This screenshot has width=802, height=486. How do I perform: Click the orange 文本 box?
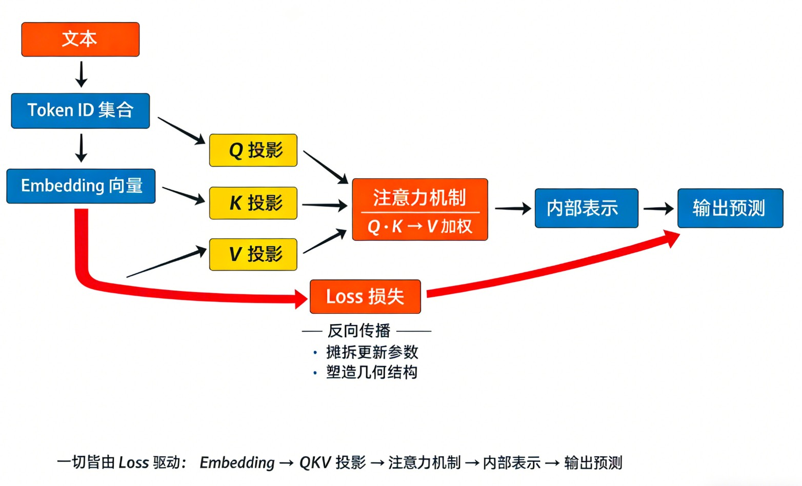coord(80,39)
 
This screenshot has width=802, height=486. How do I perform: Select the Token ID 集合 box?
coord(81,110)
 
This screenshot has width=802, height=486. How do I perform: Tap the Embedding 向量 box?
coord(81,186)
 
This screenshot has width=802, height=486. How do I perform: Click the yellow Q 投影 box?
coord(253,150)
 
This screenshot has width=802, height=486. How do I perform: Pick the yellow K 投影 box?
coord(253,203)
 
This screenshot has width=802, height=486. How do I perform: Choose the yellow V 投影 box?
coord(253,254)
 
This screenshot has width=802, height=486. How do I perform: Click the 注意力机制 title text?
coord(419,197)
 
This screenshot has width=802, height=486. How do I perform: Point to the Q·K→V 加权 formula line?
coord(419,226)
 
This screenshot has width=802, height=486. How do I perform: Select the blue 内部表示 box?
coord(586,208)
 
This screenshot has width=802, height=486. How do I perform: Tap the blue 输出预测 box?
coord(730,208)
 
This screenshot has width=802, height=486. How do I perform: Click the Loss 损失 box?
coord(365,296)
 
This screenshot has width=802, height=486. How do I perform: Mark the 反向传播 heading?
coord(359,331)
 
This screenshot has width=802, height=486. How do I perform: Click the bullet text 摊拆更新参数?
coord(372,352)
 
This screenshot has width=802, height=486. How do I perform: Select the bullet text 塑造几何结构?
coord(372,372)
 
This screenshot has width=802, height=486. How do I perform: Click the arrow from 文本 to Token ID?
coord(81,74)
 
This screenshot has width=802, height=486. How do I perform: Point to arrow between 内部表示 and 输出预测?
coord(658,209)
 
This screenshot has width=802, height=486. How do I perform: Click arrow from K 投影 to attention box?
coord(324,206)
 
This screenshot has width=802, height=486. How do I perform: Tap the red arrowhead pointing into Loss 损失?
coord(301,298)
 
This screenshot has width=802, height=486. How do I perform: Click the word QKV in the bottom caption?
coord(315,462)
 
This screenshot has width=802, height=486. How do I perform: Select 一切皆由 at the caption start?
coord(86,462)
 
